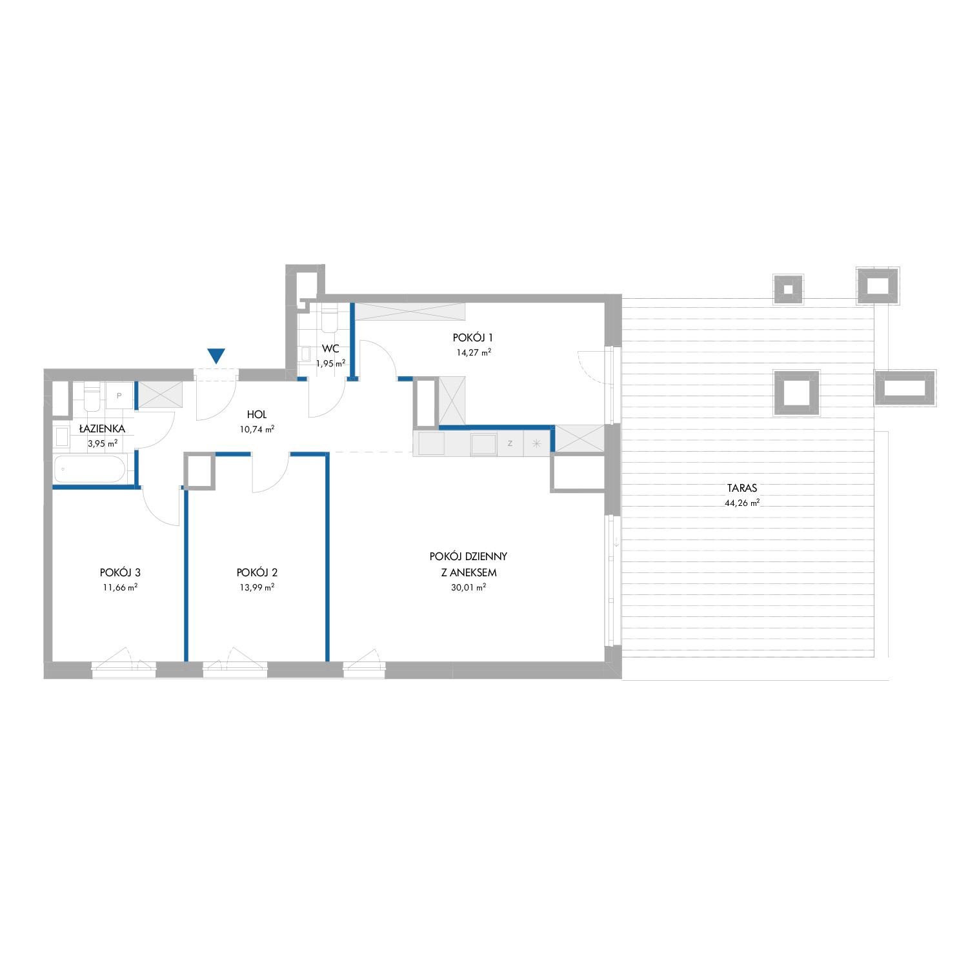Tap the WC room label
click(x=330, y=348)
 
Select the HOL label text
click(x=256, y=414)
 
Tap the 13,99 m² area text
click(x=257, y=587)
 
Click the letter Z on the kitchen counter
click(x=510, y=443)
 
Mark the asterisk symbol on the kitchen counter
click(x=536, y=443)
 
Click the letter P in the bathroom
click(x=119, y=396)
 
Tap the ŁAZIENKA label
click(x=102, y=429)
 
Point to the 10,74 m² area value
click(x=257, y=428)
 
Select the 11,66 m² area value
click(x=120, y=587)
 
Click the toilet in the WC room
click(x=330, y=316)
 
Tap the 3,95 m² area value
click(x=103, y=443)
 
